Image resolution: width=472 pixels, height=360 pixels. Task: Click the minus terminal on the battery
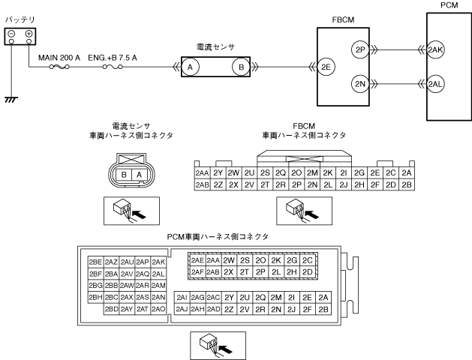coord(11,34)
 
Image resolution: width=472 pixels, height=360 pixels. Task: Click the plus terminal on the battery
coord(28,34)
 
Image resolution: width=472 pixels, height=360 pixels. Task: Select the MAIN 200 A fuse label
coord(59,55)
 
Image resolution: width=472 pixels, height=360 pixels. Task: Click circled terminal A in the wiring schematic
coord(190,67)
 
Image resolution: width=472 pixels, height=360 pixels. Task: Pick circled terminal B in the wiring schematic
coord(242,67)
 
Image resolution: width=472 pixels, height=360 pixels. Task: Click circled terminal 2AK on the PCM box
coord(435,49)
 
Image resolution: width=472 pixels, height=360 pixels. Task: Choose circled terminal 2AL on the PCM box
coord(435,83)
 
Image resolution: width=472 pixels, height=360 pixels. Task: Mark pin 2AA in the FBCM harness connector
coord(201,172)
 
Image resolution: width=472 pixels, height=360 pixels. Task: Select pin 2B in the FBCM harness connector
coord(406,184)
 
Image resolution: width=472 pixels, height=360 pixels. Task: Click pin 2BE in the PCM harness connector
coord(95,262)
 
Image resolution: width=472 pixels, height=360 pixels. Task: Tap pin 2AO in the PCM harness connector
coord(158,309)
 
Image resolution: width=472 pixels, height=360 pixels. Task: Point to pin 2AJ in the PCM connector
coord(182,309)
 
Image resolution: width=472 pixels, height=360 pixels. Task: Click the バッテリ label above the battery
coord(20,16)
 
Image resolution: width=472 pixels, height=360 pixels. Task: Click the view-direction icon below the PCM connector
coord(213,343)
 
